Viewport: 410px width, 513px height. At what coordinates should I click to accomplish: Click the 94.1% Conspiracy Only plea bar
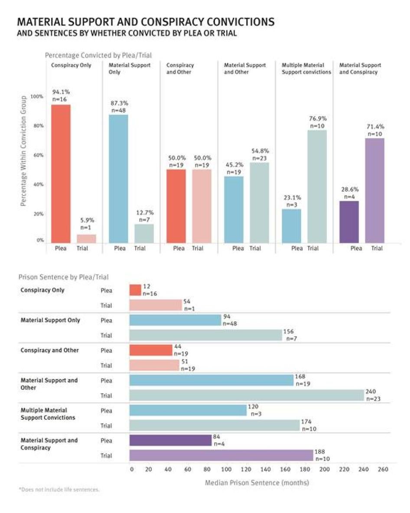[x=61, y=173]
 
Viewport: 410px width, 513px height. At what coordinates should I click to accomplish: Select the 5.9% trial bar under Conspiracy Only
[x=87, y=239]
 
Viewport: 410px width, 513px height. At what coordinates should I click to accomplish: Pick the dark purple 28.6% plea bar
[x=349, y=222]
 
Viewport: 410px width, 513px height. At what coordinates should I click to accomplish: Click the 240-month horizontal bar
[x=247, y=395]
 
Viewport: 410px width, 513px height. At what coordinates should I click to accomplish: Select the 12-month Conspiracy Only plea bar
[x=135, y=290]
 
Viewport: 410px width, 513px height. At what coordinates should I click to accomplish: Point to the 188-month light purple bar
[x=221, y=455]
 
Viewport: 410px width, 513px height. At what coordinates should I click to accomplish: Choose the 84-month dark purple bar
[x=170, y=441]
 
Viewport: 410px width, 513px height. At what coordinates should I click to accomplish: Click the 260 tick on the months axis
[x=383, y=469]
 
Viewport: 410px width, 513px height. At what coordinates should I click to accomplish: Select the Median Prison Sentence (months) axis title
[x=257, y=482]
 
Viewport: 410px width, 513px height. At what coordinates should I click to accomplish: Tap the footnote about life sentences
[x=59, y=490]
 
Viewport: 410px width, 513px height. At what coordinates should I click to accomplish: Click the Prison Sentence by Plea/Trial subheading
[x=63, y=277]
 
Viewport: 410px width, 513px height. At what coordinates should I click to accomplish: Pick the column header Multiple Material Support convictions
[x=306, y=69]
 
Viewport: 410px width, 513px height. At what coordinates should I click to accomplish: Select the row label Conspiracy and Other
[x=50, y=350]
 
